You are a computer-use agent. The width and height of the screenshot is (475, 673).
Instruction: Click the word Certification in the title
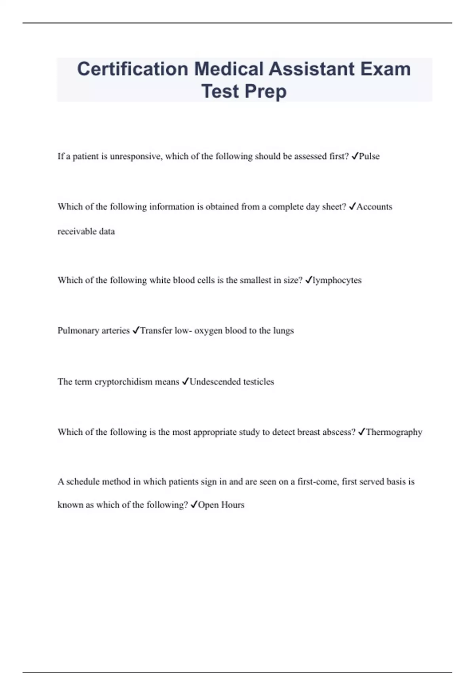(132, 69)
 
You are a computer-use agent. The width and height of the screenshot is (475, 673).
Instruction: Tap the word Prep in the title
(266, 91)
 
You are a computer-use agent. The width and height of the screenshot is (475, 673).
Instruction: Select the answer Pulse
(369, 156)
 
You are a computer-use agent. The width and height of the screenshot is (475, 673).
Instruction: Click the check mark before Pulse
(355, 156)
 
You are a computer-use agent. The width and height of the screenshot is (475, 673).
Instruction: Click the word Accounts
(374, 207)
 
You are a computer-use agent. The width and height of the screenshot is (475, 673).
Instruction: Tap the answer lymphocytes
(337, 280)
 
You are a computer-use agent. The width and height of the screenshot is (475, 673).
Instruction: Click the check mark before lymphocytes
(309, 280)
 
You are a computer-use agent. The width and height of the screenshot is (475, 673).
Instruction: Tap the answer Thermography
(394, 432)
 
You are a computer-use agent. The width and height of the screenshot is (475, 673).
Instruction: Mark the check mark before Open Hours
(194, 505)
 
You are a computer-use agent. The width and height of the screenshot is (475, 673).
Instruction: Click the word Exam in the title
(385, 69)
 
